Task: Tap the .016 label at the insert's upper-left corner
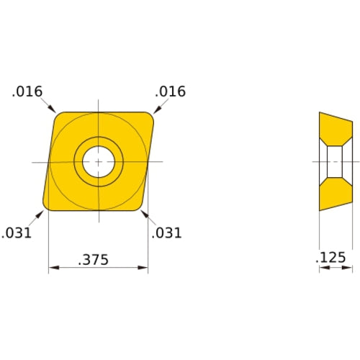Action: coord(27,91)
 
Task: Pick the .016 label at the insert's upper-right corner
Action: coord(171,91)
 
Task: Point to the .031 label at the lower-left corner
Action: coord(17,233)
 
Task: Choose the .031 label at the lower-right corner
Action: coord(167,233)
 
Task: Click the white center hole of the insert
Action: coord(97,161)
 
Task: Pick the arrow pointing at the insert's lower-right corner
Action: coord(144,214)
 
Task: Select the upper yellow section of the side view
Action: coord(334,131)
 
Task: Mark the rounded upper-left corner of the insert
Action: coord(58,114)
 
